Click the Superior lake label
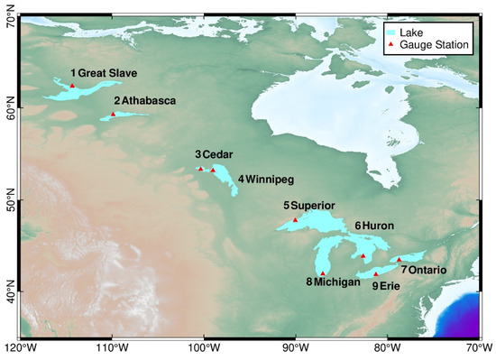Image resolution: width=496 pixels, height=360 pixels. (313, 206)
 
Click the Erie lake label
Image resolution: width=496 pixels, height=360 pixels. (389, 286)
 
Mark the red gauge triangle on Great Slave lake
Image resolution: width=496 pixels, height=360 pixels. (73, 86)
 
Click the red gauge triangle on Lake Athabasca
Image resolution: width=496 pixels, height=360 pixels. (113, 114)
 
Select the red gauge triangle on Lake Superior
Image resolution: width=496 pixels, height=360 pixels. (295, 219)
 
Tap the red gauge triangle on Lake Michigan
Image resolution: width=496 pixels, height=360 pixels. (323, 272)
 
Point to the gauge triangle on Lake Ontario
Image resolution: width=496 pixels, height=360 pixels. (399, 260)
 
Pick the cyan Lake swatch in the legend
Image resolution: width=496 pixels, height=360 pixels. (392, 30)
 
